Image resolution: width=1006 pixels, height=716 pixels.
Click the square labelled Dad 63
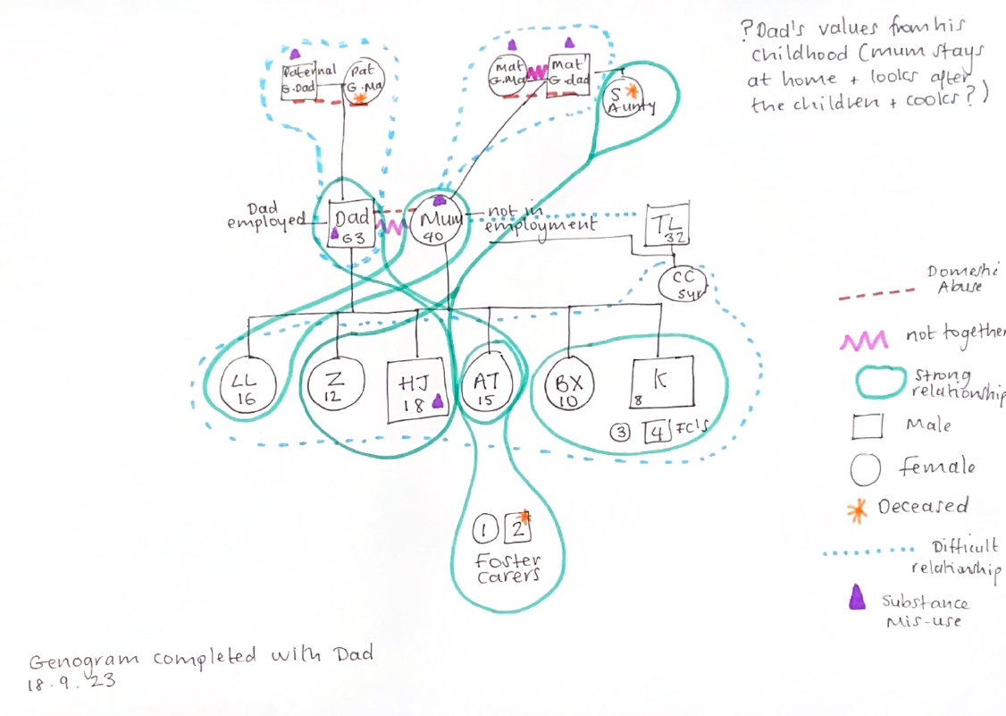tap(351, 225)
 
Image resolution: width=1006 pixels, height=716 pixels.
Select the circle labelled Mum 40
tap(438, 223)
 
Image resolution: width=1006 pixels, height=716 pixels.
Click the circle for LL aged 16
tap(246, 388)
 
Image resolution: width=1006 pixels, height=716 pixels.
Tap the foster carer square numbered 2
tap(518, 528)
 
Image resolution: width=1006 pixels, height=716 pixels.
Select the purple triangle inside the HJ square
tap(438, 403)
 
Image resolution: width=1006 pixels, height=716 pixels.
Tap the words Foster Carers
tap(507, 569)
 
